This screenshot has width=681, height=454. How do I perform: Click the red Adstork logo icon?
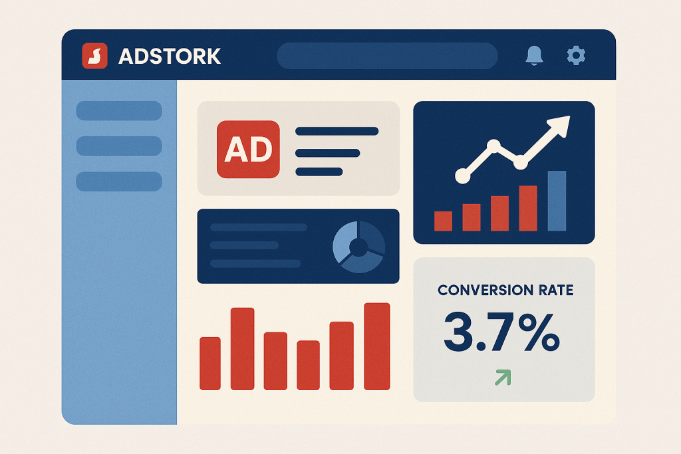[94, 56]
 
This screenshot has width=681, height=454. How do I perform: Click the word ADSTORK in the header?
[170, 57]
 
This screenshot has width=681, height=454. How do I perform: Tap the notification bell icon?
[534, 56]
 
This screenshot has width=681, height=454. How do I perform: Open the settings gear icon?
[576, 56]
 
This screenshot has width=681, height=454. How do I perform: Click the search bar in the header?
[387, 56]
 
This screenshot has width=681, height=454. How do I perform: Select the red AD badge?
[248, 150]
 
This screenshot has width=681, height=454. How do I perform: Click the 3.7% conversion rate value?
[501, 332]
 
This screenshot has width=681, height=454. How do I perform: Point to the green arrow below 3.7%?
[503, 377]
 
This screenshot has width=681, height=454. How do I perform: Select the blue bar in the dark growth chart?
[557, 201]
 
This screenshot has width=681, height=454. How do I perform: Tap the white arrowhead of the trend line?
[559, 126]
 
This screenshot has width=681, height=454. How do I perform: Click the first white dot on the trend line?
[463, 175]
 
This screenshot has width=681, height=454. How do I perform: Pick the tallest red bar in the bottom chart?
[376, 346]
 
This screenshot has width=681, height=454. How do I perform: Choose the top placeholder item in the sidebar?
[119, 111]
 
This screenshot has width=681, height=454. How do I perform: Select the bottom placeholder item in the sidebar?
[119, 181]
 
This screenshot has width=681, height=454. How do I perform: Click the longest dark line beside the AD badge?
[337, 131]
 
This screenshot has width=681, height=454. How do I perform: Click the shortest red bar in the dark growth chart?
[443, 221]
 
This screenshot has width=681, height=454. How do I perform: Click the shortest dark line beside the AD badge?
[319, 172]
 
